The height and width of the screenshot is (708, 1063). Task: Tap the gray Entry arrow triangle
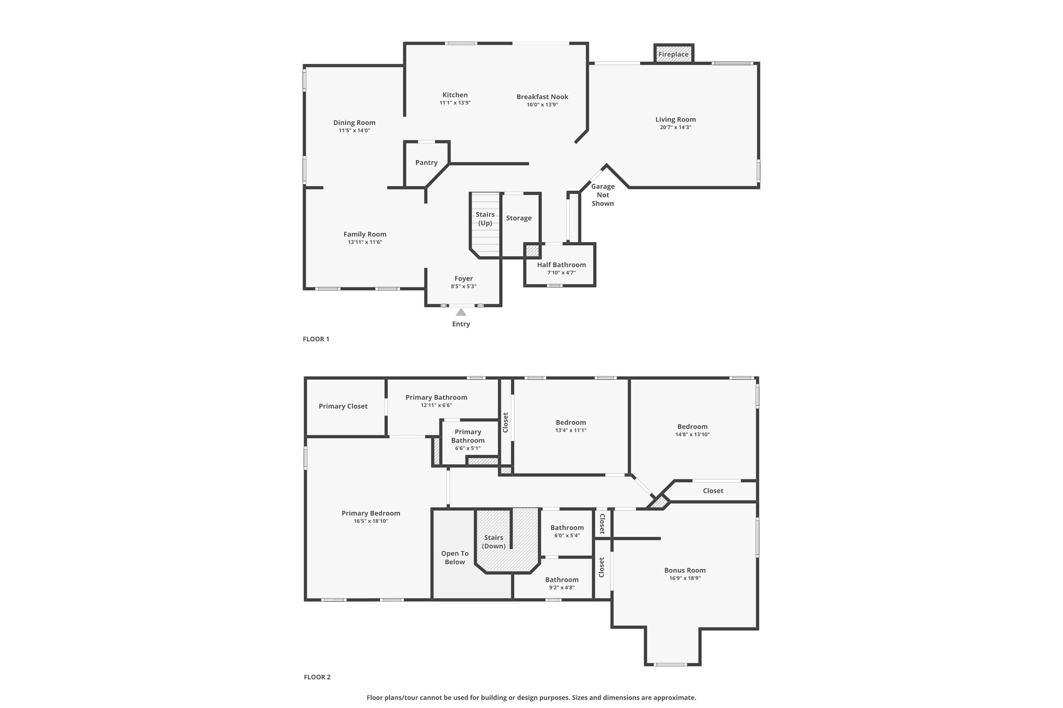tap(461, 312)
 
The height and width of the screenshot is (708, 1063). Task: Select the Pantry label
tap(427, 162)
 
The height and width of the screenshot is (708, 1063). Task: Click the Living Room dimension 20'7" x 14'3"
tap(675, 127)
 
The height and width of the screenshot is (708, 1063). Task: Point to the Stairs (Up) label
tap(485, 218)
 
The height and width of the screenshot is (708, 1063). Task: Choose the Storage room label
tap(519, 218)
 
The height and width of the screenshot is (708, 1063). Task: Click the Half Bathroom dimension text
tap(561, 273)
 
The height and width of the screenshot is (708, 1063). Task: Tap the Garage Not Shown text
tap(603, 195)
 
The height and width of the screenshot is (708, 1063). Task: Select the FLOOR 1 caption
tap(316, 339)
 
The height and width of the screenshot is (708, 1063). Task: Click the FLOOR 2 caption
tap(317, 677)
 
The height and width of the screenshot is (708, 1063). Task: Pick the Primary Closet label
tap(343, 406)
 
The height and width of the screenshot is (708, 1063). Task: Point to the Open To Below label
tap(455, 558)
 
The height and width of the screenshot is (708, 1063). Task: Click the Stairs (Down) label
tap(494, 542)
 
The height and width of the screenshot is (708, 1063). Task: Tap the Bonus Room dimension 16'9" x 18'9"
tap(685, 578)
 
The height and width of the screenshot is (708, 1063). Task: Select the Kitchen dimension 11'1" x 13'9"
tap(455, 103)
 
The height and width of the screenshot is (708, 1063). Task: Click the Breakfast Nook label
tap(542, 96)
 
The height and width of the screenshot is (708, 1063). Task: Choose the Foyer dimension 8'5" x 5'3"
tap(464, 286)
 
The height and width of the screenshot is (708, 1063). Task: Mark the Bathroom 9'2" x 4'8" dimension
tap(562, 588)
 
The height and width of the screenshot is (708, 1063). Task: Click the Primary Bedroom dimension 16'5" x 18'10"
tap(371, 521)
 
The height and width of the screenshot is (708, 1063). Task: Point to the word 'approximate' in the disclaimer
tap(673, 698)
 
